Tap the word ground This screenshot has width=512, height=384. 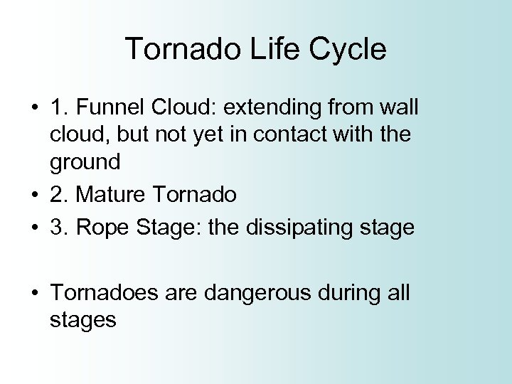pos(85,161)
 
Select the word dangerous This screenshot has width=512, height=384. pos(254,293)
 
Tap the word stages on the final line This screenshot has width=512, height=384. pos(82,319)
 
